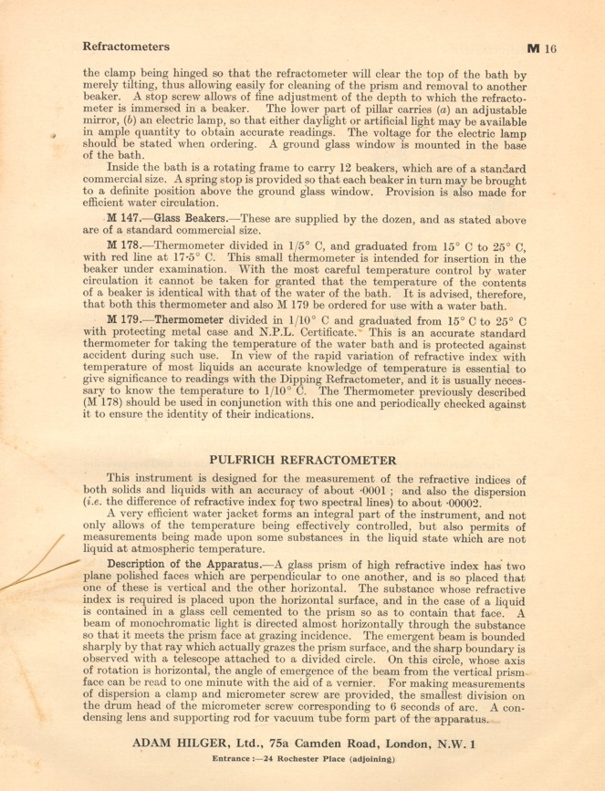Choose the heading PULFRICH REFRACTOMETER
pos(303,460)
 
